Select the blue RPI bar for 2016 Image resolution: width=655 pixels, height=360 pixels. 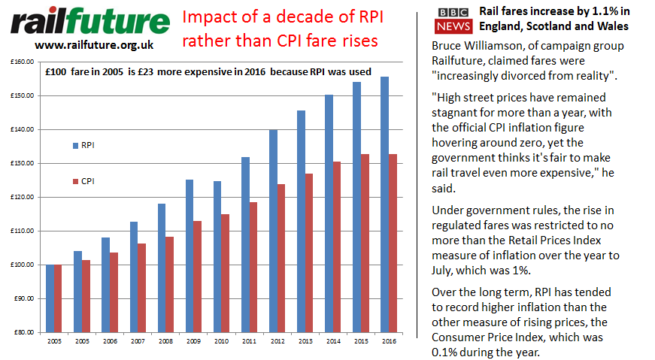tap(385, 204)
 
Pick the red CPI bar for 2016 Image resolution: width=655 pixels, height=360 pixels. tap(393, 243)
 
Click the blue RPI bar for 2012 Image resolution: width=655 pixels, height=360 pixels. tap(274, 230)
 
